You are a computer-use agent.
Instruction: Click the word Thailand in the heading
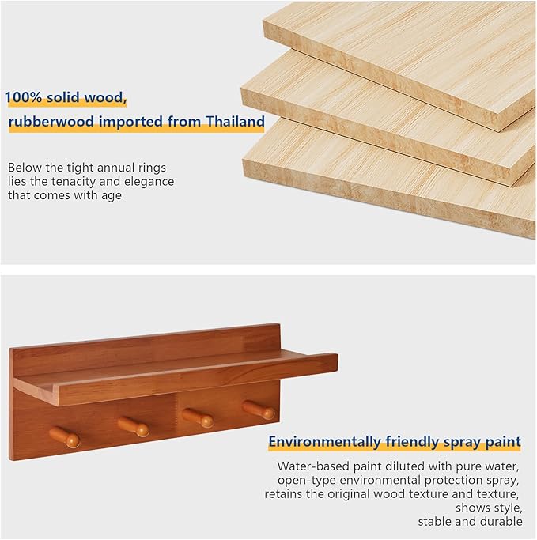click(235, 122)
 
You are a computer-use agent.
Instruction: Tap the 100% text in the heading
click(24, 97)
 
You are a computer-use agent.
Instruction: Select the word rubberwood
click(51, 122)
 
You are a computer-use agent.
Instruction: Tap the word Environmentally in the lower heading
click(325, 442)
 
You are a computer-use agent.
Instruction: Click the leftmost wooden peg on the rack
click(64, 437)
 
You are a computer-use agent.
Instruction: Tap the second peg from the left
click(134, 426)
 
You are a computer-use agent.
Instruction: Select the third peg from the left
click(198, 417)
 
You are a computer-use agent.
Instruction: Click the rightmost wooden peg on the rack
click(259, 410)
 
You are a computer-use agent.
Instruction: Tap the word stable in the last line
click(435, 521)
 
